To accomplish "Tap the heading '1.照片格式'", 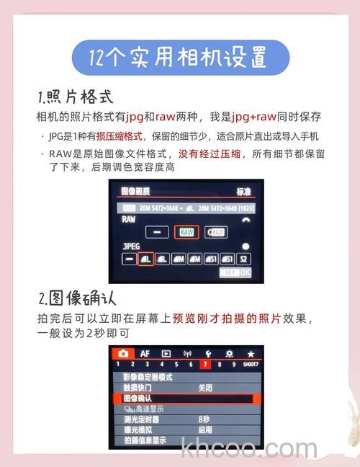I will point(75,97).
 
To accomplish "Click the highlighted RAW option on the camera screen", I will point(186,232).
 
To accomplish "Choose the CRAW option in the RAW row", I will point(216,232).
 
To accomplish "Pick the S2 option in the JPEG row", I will point(244,259).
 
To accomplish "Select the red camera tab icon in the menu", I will point(123,353).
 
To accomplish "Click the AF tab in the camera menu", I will point(145,353).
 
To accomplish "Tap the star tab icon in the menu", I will point(251,354).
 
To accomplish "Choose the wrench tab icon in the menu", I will point(208,354).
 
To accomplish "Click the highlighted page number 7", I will point(205,364).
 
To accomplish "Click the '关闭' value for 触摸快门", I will point(205,387).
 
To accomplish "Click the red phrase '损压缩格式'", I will point(121,135).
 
